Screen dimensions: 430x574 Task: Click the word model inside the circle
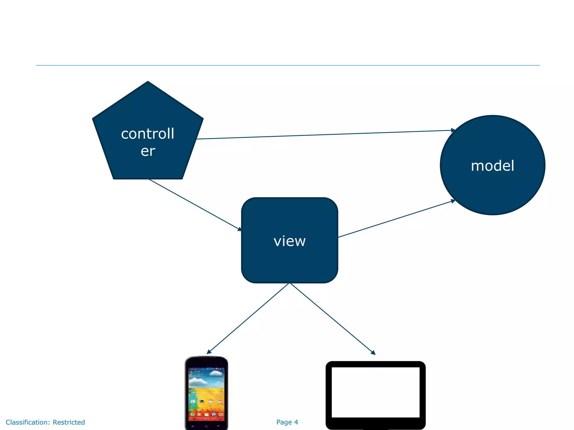[x=492, y=166]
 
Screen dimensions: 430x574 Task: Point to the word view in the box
[x=290, y=241]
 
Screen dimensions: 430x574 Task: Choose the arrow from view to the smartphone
[x=248, y=319]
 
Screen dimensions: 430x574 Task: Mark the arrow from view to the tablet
[x=332, y=319]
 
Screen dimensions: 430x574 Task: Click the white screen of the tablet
[x=376, y=392]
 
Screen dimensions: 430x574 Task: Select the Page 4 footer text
[x=287, y=422]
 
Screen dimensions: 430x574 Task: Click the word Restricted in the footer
[x=69, y=422]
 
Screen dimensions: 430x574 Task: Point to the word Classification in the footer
[x=27, y=422]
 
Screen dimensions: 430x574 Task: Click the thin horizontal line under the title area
[x=288, y=66]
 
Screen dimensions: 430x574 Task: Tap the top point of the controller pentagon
[x=148, y=82]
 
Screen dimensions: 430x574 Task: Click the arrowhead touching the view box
[x=239, y=229]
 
